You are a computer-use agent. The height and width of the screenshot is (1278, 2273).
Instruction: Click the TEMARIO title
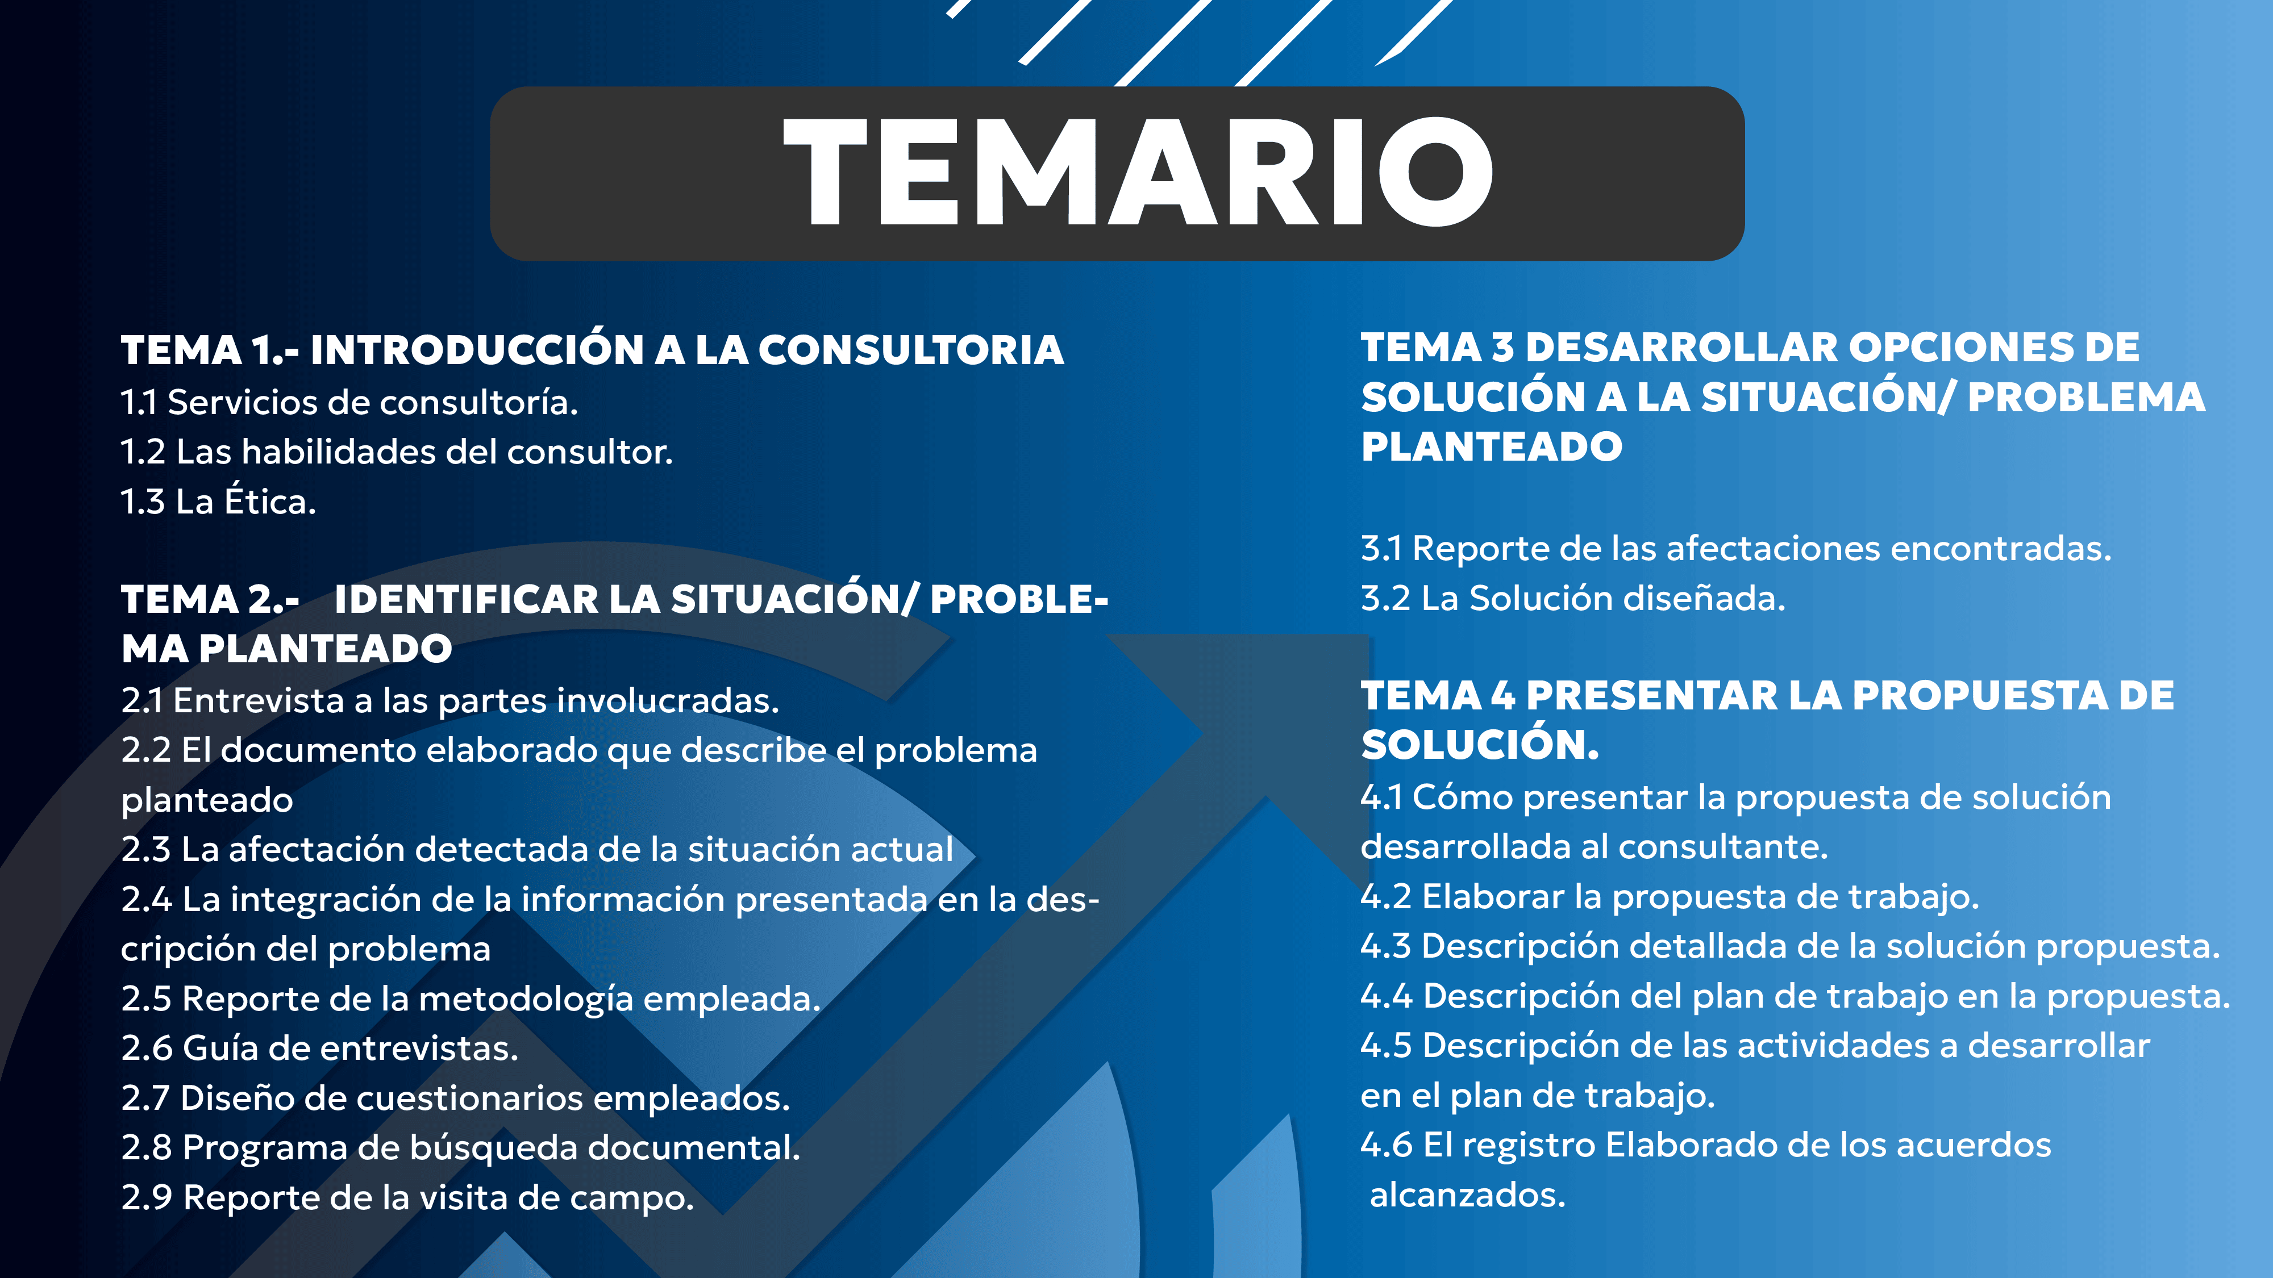(1138, 173)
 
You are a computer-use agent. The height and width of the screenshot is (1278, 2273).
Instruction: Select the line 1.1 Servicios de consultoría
(349, 402)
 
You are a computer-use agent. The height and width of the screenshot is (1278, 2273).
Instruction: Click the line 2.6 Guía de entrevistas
(319, 1049)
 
